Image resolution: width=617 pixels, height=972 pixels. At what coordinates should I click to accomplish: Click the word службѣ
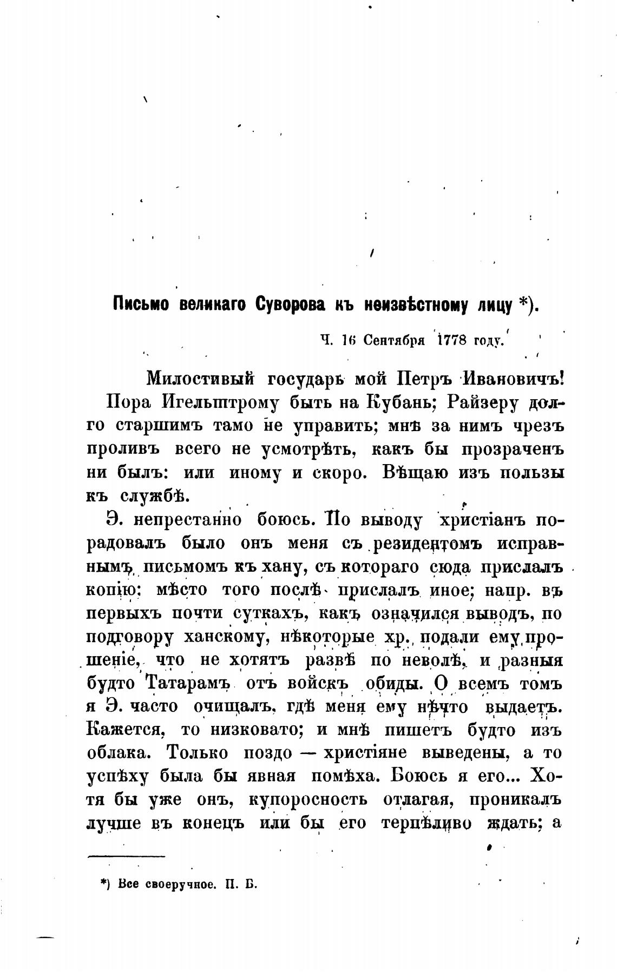[152, 495]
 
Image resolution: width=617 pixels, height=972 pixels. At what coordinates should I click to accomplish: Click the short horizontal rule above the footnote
[126, 856]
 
